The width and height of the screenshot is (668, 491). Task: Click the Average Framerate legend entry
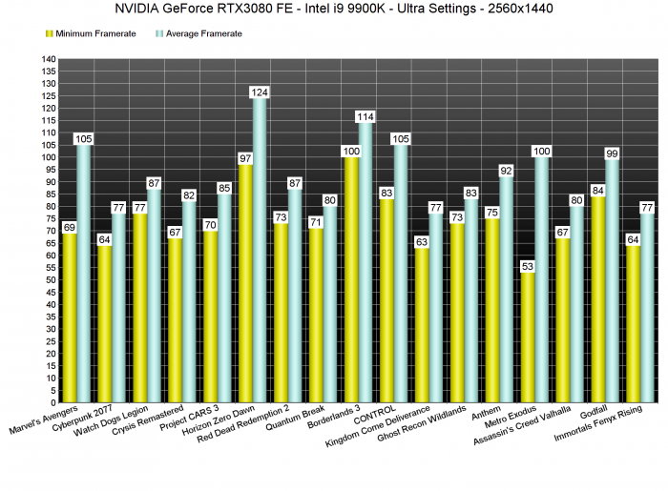point(203,33)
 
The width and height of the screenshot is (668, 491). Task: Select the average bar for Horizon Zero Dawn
point(259,248)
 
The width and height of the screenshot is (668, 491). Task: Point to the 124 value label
point(259,92)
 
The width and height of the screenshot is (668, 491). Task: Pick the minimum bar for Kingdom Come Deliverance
point(422,325)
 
